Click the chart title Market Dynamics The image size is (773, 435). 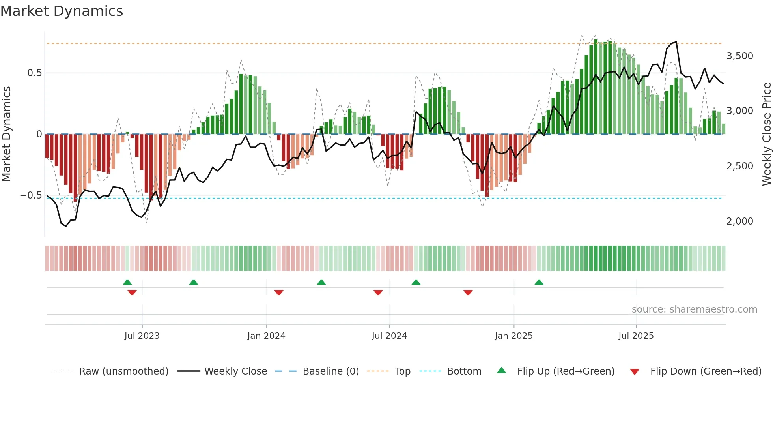point(62,11)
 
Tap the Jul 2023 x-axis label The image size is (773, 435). point(142,336)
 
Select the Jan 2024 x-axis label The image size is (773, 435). point(266,336)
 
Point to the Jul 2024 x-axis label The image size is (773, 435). point(389,336)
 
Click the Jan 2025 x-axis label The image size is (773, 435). point(513,336)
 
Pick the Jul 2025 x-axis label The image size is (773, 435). point(636,336)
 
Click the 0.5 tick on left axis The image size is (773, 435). point(34,73)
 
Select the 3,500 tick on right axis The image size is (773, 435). point(740,56)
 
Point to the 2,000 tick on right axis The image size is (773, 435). point(740,221)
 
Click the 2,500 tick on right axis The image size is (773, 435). point(740,166)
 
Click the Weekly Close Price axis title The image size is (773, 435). point(766,134)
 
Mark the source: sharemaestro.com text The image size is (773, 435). point(694,309)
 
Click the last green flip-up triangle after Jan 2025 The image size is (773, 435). point(539,283)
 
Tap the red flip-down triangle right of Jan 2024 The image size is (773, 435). point(279,292)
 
